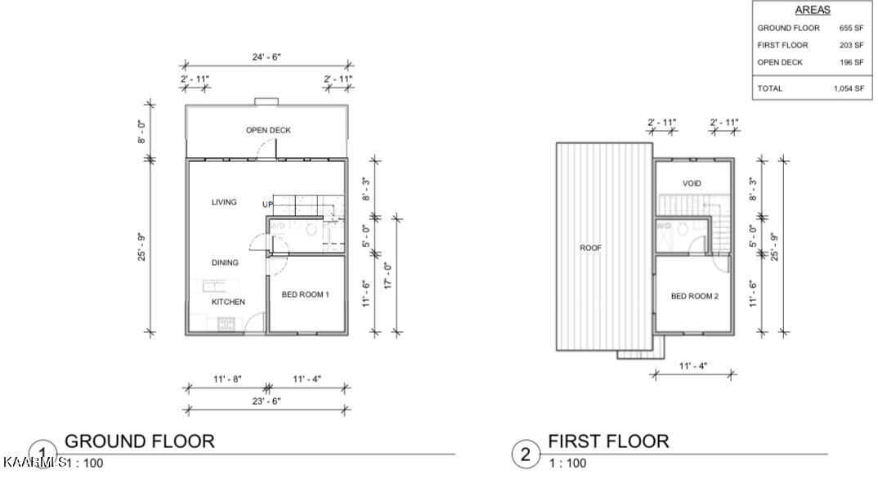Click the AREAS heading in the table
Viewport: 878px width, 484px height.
coord(812,11)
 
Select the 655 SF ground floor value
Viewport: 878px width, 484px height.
coord(851,28)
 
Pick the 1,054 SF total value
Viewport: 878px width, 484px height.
coord(848,88)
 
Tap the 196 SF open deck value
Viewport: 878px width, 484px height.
coord(851,62)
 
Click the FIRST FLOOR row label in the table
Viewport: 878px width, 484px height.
coord(782,45)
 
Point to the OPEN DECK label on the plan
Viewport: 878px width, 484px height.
coord(268,131)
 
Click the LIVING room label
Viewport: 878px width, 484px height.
coord(224,202)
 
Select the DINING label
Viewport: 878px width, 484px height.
coord(225,262)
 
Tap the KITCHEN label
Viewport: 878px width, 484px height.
coord(228,302)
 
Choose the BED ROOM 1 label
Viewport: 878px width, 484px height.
coord(305,294)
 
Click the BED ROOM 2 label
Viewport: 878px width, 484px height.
coord(694,296)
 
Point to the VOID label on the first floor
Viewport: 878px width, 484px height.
coord(691,183)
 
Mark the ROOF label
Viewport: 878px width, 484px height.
coord(590,248)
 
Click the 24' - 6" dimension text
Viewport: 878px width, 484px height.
coord(267,57)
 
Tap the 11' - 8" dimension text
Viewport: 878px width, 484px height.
coord(227,379)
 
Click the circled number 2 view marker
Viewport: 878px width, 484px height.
coord(526,454)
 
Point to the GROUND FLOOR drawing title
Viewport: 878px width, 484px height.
coord(139,441)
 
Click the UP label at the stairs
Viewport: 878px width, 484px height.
coord(267,204)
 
